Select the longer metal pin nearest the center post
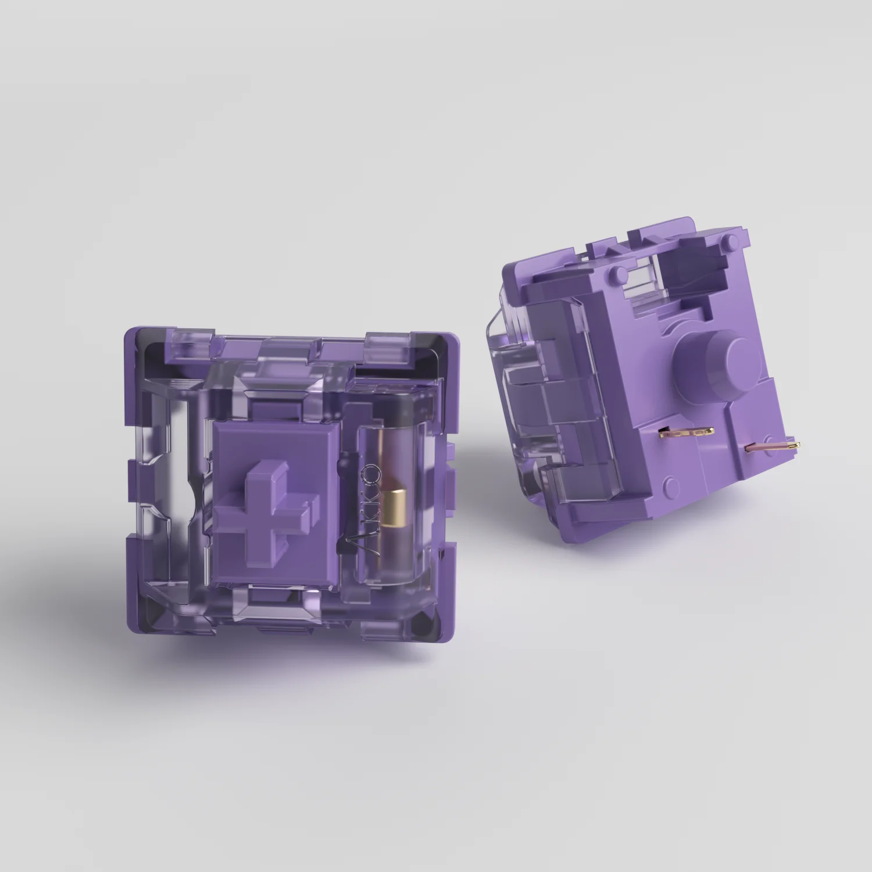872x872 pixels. tap(686, 431)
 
